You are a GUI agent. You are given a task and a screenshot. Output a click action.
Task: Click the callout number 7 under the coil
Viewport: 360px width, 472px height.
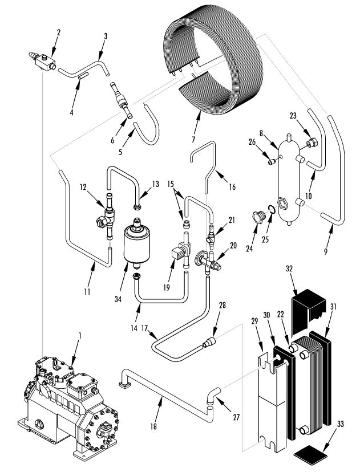(x=193, y=139)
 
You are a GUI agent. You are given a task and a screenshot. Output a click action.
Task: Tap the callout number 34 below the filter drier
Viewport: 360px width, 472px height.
(x=118, y=299)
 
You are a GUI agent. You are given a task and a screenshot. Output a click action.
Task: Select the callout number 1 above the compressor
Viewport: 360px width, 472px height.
(x=80, y=335)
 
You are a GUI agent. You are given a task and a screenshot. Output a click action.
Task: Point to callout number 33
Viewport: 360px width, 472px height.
(x=340, y=424)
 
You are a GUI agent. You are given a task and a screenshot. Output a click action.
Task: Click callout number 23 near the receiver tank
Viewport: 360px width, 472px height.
(x=293, y=116)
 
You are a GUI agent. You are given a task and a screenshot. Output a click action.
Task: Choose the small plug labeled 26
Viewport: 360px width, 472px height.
(x=272, y=162)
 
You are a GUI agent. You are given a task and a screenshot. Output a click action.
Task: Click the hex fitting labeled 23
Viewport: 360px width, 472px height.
(x=312, y=142)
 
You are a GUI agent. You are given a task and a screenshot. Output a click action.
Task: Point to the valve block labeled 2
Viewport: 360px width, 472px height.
(x=45, y=62)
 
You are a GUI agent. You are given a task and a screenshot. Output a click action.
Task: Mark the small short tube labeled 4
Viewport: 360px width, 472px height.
(x=83, y=76)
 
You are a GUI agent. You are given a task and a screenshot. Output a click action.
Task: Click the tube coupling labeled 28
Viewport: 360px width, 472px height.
(x=210, y=342)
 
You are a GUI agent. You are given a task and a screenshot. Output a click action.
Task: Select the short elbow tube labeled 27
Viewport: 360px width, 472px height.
(x=213, y=395)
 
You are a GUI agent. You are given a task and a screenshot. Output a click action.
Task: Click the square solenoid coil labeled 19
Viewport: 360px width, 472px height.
(x=177, y=253)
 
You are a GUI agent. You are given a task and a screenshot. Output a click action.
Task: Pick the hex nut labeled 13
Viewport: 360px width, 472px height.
(x=137, y=207)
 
